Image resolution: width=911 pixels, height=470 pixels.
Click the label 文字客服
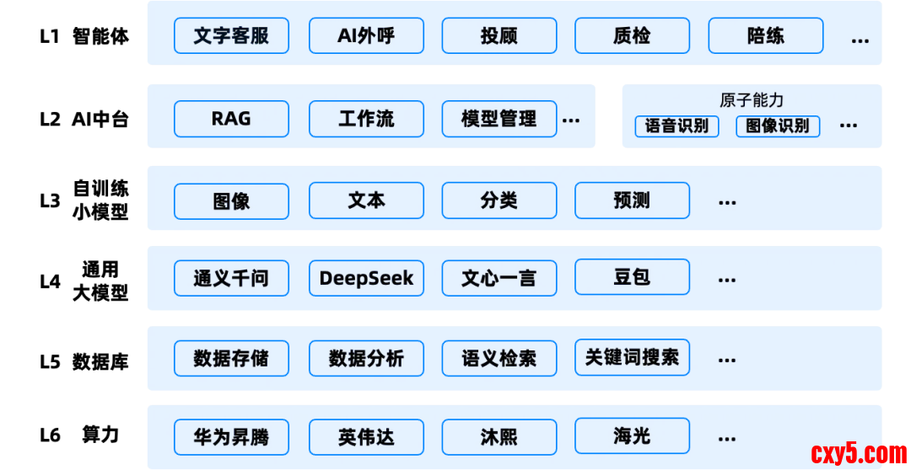[231, 36]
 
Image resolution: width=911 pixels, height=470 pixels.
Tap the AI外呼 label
[365, 36]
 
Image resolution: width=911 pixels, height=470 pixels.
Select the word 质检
[632, 36]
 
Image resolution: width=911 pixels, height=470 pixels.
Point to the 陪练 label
[765, 36]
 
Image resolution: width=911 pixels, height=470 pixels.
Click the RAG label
[231, 119]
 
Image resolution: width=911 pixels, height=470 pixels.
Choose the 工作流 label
[365, 119]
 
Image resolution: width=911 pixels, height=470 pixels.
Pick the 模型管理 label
[499, 119]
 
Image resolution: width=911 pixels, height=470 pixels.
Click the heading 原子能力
[752, 100]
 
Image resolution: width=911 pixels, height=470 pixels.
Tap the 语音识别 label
[677, 126]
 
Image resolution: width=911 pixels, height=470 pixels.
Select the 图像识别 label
[777, 126]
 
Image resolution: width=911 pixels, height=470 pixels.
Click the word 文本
[366, 200]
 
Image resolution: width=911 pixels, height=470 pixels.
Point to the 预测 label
[632, 200]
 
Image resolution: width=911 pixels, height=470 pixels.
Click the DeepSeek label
[366, 278]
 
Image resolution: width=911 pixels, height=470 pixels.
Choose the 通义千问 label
[231, 278]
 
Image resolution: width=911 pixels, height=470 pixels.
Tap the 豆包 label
[632, 277]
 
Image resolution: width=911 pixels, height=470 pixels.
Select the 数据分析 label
[366, 359]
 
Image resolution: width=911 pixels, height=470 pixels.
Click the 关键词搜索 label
[632, 357]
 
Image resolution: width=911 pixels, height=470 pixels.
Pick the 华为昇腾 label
[231, 437]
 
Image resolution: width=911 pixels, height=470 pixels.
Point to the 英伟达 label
[366, 437]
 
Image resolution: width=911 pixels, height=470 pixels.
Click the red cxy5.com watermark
[859, 454]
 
